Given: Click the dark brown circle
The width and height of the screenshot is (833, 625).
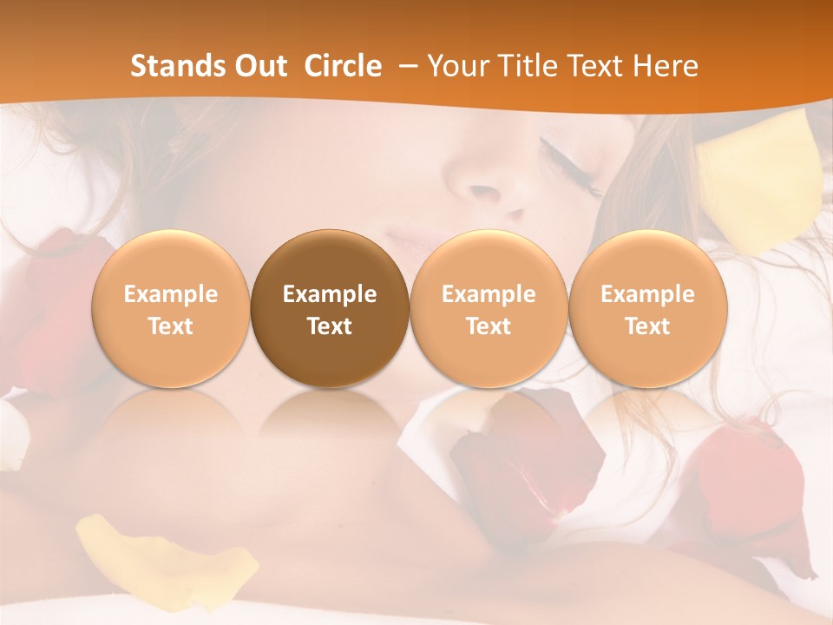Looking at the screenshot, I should tap(330, 309).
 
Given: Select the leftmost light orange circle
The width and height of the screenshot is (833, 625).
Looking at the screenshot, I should tap(171, 309).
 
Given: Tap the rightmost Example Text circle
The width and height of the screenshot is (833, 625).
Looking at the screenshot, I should tap(647, 309).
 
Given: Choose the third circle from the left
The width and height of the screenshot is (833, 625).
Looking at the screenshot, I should tap(489, 309).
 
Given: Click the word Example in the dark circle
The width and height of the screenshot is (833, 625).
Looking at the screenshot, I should tap(330, 294).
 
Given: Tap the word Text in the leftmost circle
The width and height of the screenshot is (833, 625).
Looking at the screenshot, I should tap(171, 326).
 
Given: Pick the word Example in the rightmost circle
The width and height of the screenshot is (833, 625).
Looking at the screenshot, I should tap(647, 294).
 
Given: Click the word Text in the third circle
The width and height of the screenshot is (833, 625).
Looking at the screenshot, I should tap(489, 326).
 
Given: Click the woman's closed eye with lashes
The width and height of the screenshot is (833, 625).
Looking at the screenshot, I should tap(568, 165).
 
